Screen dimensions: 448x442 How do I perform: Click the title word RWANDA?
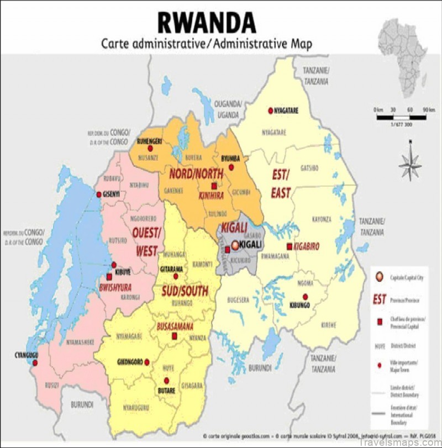pyautogui.click(x=207, y=22)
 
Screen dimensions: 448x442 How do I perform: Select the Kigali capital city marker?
pyautogui.click(x=236, y=245)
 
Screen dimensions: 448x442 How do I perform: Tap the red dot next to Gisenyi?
pyautogui.click(x=99, y=194)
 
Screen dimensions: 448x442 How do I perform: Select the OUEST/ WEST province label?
pyautogui.click(x=146, y=242)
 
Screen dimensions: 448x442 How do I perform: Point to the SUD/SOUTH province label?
pyautogui.click(x=184, y=291)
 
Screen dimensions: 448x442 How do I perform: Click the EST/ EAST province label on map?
pyautogui.click(x=280, y=184)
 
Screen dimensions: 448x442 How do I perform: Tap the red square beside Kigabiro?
pyautogui.click(x=289, y=246)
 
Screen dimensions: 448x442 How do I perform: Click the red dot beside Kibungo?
pyautogui.click(x=305, y=297)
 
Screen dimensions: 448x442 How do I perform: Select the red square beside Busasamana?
pyautogui.click(x=175, y=336)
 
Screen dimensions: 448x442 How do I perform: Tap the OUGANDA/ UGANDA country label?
pyautogui.click(x=229, y=109)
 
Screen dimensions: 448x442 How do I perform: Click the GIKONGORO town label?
pyautogui.click(x=130, y=362)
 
